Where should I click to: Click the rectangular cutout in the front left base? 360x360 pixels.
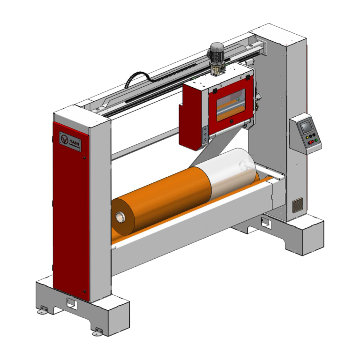pyautogui.click(x=71, y=303)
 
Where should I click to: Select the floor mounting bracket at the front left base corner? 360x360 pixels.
pyautogui.click(x=44, y=309)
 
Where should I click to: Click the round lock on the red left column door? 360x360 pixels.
pyautogui.click(x=84, y=159)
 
